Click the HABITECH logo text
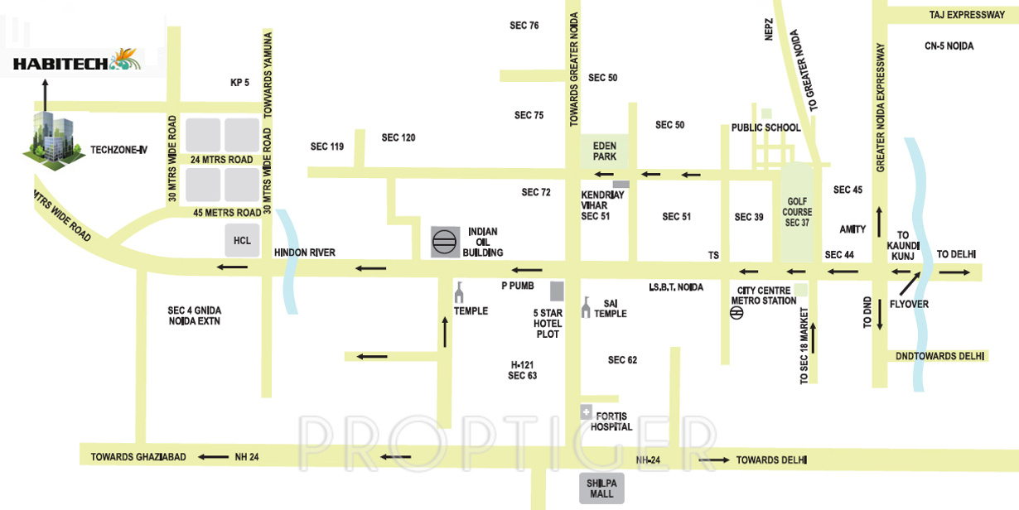61,63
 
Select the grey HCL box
242,240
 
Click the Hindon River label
304,253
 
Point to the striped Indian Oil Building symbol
445,242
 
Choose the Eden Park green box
604,151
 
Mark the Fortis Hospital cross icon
586,411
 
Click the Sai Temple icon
587,307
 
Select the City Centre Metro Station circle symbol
736,313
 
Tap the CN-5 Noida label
949,46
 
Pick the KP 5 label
239,83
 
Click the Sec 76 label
524,26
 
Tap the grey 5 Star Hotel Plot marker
557,291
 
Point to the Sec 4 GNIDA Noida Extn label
195,315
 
